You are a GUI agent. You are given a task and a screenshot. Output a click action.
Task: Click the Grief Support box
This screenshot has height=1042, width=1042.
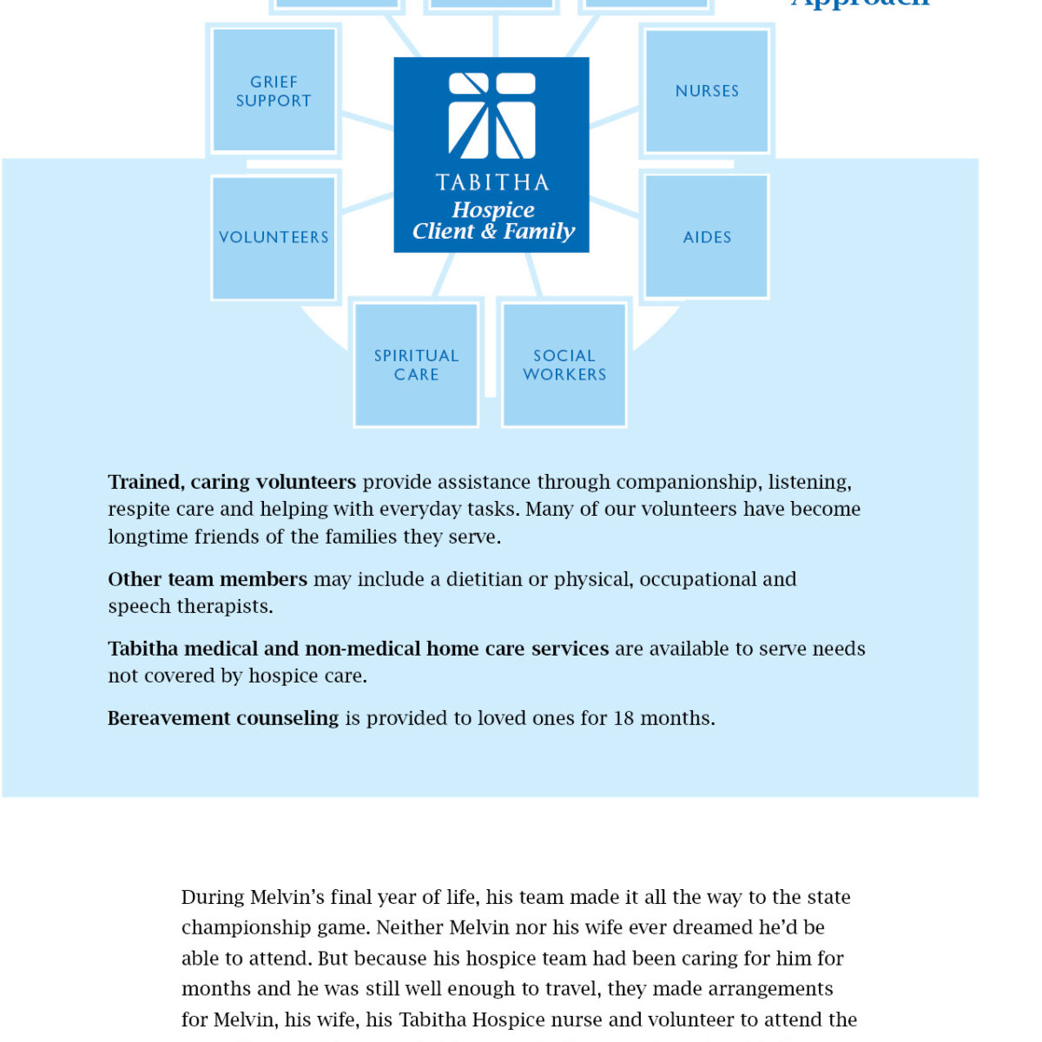274,91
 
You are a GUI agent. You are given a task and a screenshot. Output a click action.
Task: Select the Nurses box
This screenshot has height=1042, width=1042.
707,91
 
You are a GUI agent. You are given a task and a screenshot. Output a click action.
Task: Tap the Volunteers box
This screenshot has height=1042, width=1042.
274,237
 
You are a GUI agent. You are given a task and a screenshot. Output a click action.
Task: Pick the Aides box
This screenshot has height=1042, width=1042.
707,237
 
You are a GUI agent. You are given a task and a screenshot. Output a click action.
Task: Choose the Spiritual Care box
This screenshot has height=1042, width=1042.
416,365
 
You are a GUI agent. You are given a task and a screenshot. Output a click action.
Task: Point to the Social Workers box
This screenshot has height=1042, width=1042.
564,365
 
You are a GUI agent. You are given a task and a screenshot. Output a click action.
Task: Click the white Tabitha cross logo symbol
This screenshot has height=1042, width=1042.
491,116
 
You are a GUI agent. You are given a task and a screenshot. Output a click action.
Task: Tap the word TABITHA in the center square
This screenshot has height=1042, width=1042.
491,182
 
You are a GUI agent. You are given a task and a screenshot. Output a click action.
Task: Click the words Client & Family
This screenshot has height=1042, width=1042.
493,232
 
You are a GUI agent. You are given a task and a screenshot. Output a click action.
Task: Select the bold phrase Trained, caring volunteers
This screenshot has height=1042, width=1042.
232,482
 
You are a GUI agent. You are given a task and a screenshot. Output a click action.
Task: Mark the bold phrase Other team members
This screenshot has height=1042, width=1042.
208,579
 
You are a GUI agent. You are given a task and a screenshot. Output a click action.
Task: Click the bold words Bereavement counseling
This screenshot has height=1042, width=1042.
223,718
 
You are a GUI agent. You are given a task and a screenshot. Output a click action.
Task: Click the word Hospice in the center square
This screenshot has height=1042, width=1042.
493,210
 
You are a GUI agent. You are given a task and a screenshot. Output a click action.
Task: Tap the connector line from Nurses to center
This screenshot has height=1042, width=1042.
615,117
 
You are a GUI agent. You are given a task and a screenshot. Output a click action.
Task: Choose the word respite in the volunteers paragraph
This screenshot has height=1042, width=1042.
139,509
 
